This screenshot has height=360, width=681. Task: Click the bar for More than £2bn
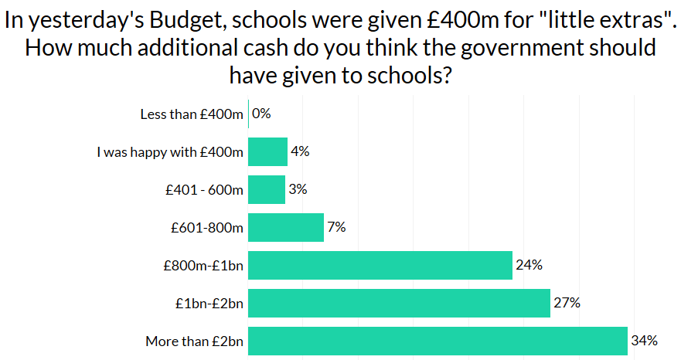(438, 341)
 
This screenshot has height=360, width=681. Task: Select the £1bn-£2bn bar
(399, 303)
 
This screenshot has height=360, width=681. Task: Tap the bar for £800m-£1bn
(380, 265)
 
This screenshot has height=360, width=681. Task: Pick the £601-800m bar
(286, 227)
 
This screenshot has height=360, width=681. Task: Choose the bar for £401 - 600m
(267, 189)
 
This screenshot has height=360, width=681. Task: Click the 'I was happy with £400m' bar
(268, 151)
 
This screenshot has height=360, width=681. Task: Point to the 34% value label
(644, 341)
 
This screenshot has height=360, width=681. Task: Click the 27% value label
(567, 303)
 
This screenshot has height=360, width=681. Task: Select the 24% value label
(529, 265)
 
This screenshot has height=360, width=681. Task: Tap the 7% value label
(336, 227)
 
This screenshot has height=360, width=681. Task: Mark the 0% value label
(261, 114)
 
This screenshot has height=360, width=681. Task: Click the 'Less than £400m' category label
(192, 114)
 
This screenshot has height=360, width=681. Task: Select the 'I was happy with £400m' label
(170, 152)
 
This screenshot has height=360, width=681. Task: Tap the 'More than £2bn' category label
(194, 341)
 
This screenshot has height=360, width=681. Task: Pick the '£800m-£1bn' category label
(203, 266)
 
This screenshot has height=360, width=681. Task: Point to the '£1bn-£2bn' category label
(209, 304)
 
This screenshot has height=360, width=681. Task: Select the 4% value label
(300, 151)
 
